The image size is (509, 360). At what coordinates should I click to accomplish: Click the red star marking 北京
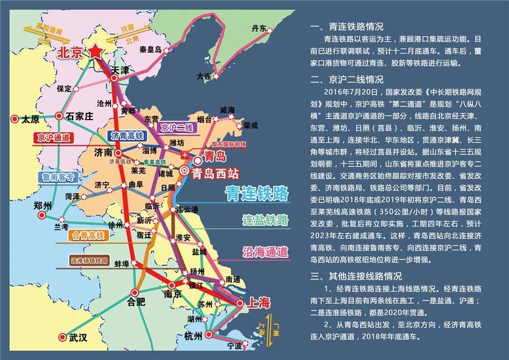point(95,52)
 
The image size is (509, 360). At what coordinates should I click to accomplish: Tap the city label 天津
point(121,69)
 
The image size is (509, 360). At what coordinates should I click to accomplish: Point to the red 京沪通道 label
point(53,137)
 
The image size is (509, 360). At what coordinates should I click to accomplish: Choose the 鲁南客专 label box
point(59,177)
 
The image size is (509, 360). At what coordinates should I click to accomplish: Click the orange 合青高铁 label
point(86,236)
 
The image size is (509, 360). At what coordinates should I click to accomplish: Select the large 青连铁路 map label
point(257,193)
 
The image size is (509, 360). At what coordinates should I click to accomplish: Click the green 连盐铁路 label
point(265,220)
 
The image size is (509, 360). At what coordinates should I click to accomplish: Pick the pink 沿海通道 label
point(265,251)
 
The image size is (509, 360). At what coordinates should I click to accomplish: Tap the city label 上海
point(257,303)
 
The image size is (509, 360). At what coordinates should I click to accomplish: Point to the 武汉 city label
point(79,337)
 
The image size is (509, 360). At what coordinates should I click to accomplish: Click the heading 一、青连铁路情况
point(346,26)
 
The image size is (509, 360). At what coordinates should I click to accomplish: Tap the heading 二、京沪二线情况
point(346,80)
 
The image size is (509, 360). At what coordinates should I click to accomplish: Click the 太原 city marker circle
point(14,119)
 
